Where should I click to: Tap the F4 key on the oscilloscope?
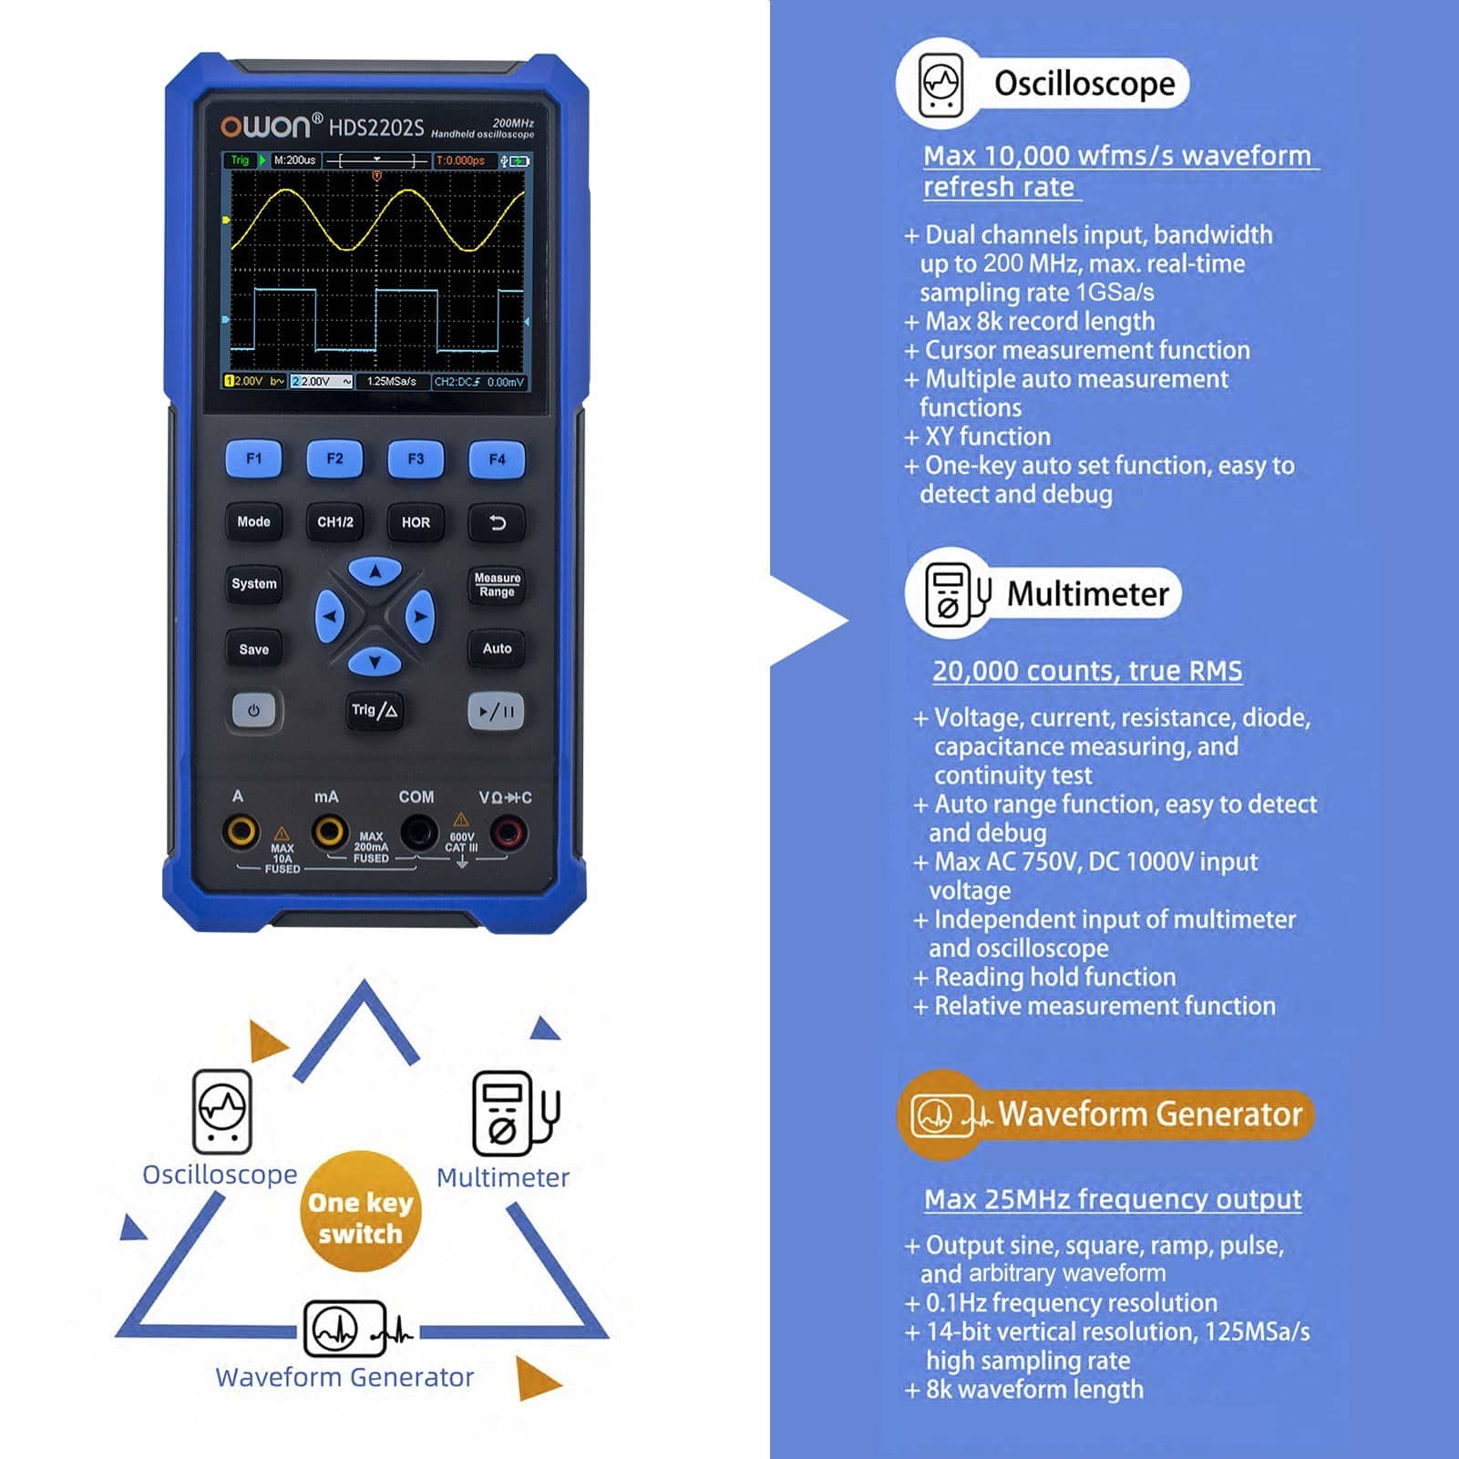(497, 459)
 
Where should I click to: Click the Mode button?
(253, 522)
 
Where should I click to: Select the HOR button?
(416, 522)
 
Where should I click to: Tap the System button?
(253, 584)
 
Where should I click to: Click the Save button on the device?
(253, 649)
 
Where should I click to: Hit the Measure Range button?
(497, 585)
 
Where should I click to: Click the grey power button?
(253, 711)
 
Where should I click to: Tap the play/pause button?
(497, 711)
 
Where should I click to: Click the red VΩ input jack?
(508, 832)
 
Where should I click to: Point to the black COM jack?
(418, 832)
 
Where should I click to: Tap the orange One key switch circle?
(361, 1211)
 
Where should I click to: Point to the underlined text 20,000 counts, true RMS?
(1087, 671)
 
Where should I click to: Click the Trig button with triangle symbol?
(375, 711)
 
